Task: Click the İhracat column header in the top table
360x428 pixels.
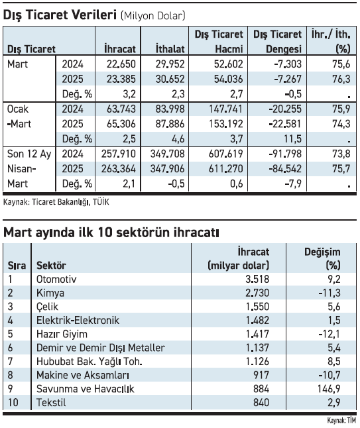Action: pos(120,48)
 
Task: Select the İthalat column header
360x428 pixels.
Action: pos(170,48)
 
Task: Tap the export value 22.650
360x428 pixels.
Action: pos(121,64)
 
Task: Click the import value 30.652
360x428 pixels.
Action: pos(170,79)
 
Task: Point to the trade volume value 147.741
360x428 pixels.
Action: pos(226,109)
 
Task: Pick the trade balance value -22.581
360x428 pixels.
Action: pos(285,124)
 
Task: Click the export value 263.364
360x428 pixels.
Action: pos(119,169)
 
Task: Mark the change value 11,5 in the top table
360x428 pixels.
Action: pos(292,139)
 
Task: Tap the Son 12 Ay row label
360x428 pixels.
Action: pos(29,154)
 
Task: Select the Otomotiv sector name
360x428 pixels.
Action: pos(56,279)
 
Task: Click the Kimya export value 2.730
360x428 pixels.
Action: pos(257,293)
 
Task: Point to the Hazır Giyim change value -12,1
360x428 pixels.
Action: pos(330,334)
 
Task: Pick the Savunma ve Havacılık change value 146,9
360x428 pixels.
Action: pos(329,388)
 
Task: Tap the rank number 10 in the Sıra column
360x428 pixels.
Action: pos(13,402)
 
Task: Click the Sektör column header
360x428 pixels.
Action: pos(51,265)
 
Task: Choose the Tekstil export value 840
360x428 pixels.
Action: pos(261,402)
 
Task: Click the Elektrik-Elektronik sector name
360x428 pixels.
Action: pos(78,320)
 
